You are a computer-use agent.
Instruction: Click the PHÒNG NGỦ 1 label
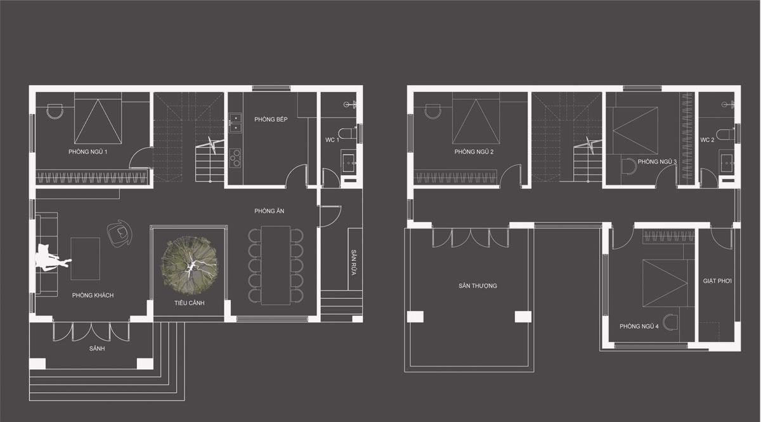point(88,152)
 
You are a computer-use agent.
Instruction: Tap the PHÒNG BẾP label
point(271,119)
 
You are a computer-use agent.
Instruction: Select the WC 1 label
point(332,140)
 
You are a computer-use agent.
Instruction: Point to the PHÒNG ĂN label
point(269,211)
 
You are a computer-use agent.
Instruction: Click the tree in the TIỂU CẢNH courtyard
point(189,266)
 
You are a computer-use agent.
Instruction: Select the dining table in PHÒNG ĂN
point(275,265)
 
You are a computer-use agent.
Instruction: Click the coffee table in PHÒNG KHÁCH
point(85,258)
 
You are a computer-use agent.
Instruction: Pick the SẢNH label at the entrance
point(97,348)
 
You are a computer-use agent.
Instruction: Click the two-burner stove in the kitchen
point(235,158)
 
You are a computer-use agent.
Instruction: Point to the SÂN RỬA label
point(354,263)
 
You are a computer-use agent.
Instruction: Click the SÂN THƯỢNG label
point(478,286)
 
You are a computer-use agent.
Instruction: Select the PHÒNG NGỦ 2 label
point(474,152)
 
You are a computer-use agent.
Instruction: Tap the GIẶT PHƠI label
point(717,281)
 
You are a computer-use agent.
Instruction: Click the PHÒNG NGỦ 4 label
point(639,326)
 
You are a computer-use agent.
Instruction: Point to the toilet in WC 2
point(725,134)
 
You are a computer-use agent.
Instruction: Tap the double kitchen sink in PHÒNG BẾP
point(235,122)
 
